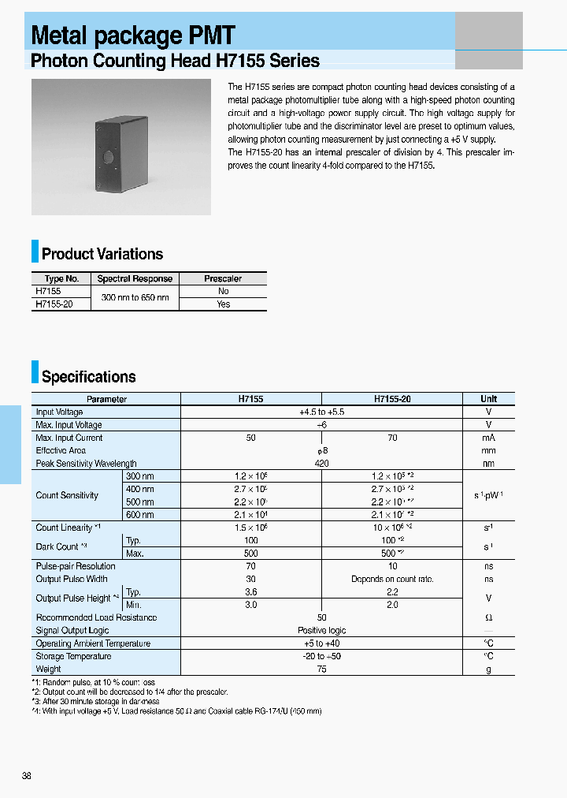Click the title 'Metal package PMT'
tap(133, 35)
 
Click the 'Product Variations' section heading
tap(102, 254)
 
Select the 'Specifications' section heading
tap(88, 377)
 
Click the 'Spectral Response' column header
tap(135, 278)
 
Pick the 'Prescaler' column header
tap(223, 278)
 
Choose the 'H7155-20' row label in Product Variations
tap(54, 304)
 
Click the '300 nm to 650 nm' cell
tap(135, 297)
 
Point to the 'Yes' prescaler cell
tap(223, 304)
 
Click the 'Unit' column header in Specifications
tap(488, 399)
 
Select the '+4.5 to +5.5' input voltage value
tap(321, 412)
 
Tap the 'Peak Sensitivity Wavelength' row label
tap(86, 464)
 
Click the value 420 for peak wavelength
tap(321, 464)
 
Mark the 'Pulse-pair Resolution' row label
tap(76, 566)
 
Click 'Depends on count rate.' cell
tap(392, 579)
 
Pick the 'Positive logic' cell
tap(321, 630)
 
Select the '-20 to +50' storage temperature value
tap(321, 656)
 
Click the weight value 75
tap(321, 669)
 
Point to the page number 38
tap(27, 776)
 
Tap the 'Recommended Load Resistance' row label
tap(96, 617)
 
